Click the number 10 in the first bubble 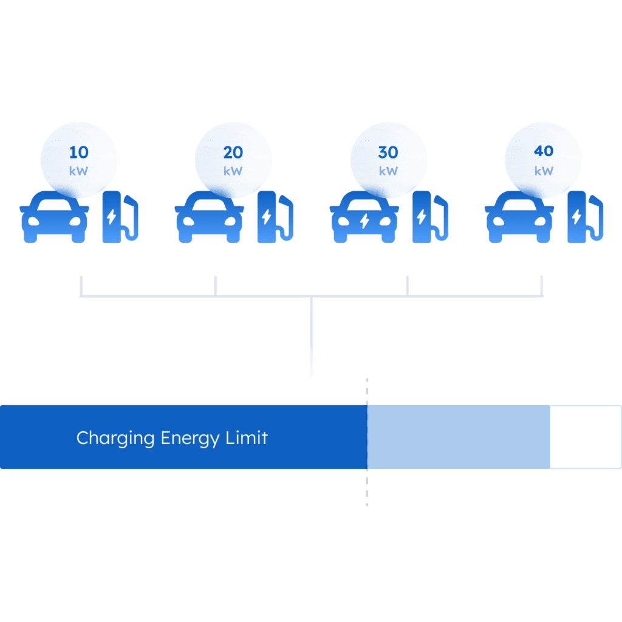click(78, 152)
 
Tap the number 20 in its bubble click(233, 152)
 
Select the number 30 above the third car click(388, 152)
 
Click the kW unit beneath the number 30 click(388, 171)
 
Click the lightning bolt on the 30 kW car click(364, 221)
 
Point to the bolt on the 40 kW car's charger click(576, 217)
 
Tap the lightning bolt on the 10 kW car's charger click(111, 217)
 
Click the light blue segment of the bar click(459, 437)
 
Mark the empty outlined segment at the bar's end click(585, 437)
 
